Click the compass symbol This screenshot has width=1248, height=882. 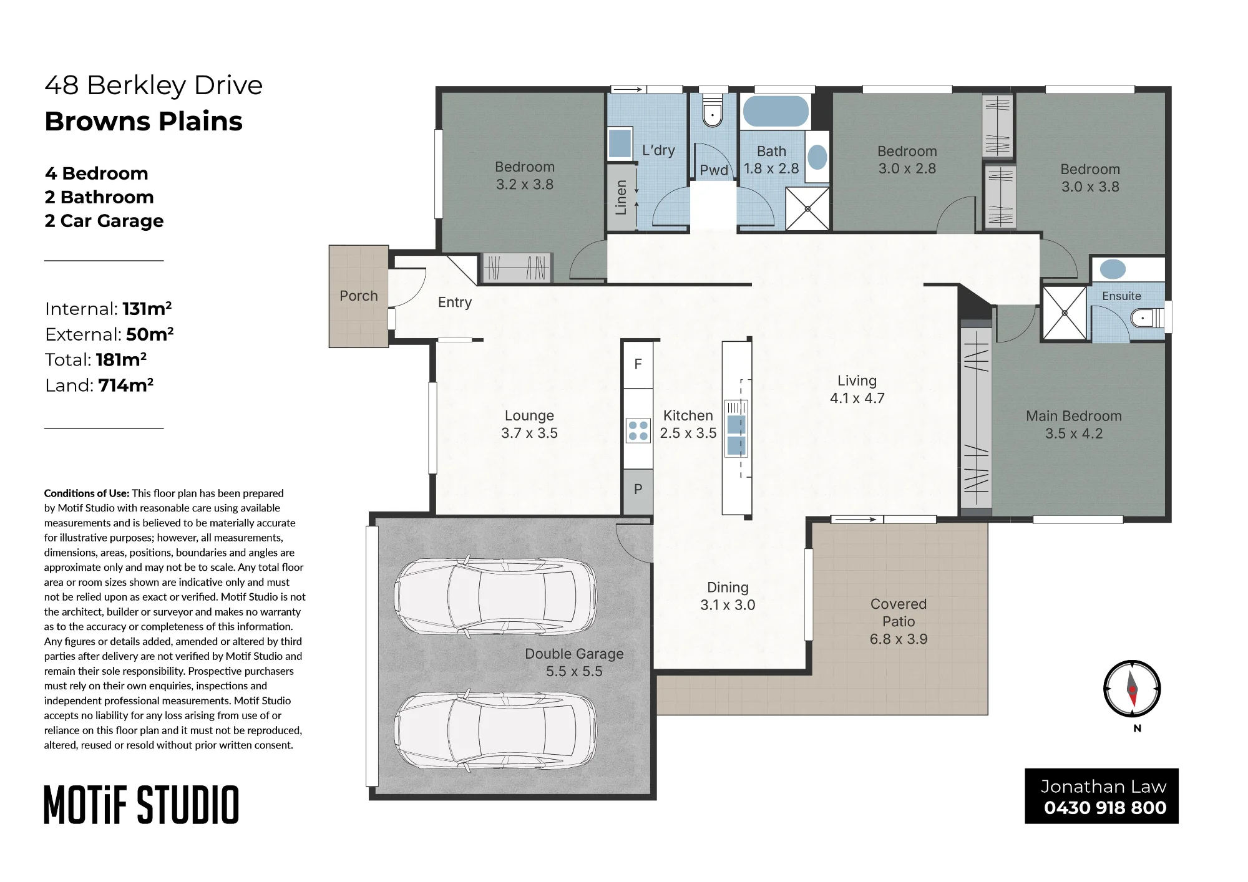(1132, 689)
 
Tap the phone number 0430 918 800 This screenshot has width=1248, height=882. (1105, 808)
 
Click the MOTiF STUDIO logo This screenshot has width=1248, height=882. (142, 805)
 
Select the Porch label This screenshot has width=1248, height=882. (359, 296)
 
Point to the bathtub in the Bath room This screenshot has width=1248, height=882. (776, 112)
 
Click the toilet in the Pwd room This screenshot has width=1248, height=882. (712, 110)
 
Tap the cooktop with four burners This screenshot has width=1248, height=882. (638, 430)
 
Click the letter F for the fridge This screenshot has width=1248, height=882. (638, 364)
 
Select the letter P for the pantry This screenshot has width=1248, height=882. (638, 489)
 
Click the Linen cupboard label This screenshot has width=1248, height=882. (621, 197)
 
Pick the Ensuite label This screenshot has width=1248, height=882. (1121, 296)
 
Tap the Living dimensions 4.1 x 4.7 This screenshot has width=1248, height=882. (857, 398)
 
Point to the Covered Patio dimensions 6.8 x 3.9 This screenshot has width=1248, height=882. (899, 639)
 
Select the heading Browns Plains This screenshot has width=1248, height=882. (144, 121)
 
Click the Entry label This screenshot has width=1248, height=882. (455, 303)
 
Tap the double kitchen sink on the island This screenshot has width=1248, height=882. (736, 435)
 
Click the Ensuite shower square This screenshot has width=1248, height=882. (1065, 313)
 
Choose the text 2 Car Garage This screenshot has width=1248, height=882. (104, 221)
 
